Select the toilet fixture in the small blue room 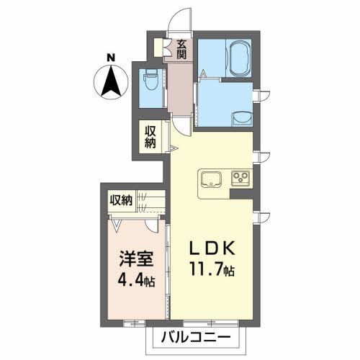(150, 81)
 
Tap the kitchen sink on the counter (212, 179)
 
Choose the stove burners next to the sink (239, 178)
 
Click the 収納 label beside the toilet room (150, 136)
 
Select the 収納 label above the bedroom (121, 200)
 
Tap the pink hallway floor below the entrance (181, 90)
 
